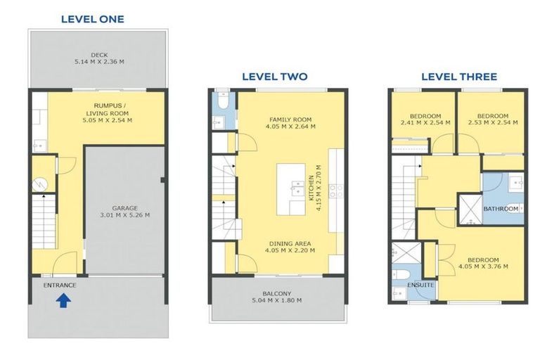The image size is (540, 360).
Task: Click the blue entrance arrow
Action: click(63, 300)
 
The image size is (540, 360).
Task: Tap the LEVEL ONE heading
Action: click(93, 19)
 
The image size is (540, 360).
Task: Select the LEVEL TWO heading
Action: click(275, 77)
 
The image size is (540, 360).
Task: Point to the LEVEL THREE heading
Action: click(459, 77)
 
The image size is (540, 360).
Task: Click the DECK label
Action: click(100, 55)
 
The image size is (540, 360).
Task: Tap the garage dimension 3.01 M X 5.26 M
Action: click(125, 215)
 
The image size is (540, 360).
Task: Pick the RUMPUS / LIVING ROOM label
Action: click(108, 109)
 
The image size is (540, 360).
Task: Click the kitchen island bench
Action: click(291, 189)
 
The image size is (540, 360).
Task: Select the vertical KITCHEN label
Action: click(311, 188)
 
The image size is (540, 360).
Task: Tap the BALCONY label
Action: click(277, 293)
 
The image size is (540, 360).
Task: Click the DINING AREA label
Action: click(290, 243)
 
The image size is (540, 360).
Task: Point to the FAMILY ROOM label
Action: click(290, 120)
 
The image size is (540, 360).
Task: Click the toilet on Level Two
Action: click(224, 101)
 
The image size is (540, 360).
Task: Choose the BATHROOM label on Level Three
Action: click(501, 209)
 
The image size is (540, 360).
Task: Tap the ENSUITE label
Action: click(420, 285)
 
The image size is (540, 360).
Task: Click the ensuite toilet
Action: click(401, 274)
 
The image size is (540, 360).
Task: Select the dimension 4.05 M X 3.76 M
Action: click(483, 266)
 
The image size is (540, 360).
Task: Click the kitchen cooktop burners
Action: click(336, 191)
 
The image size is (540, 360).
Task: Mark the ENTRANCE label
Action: click(60, 285)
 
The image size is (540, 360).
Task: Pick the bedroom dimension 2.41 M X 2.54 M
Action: click(425, 122)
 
